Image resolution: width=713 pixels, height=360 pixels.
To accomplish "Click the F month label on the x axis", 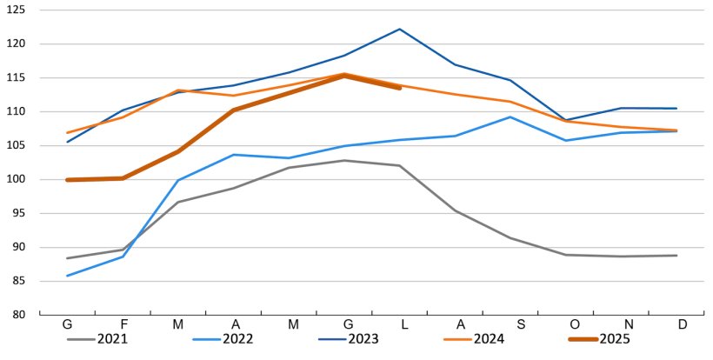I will [x=123, y=324].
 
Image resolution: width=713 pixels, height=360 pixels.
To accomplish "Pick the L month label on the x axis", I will [x=400, y=324].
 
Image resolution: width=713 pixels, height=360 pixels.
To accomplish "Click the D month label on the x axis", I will [x=683, y=324].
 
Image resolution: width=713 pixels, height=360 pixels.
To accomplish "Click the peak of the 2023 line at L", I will [x=400, y=29].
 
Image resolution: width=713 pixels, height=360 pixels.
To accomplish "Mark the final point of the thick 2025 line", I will [x=400, y=88].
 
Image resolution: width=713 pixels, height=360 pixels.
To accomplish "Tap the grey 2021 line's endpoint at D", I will [x=676, y=256].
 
